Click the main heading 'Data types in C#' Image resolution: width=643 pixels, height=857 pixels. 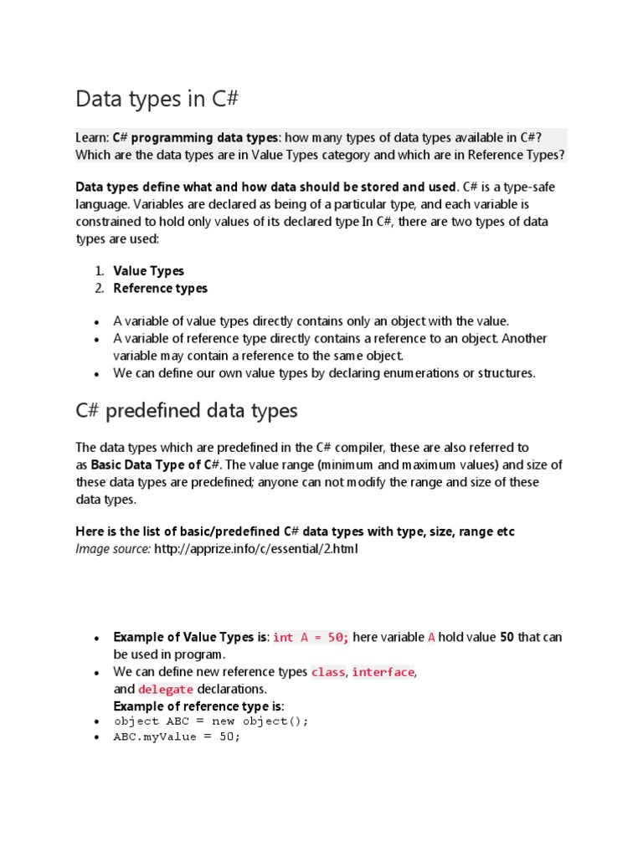pyautogui.click(x=157, y=99)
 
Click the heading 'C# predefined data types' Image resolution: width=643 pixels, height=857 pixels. pyautogui.click(x=186, y=411)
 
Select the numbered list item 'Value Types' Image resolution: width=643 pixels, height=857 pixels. pyautogui.click(x=148, y=270)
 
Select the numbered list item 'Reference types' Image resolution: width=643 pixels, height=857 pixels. pyautogui.click(x=160, y=288)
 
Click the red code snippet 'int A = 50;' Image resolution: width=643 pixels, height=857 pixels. pyautogui.click(x=311, y=638)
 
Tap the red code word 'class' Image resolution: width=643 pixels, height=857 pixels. pyautogui.click(x=327, y=672)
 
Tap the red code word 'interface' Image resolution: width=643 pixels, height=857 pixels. pyautogui.click(x=383, y=672)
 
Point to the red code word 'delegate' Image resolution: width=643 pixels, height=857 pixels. pyautogui.click(x=166, y=689)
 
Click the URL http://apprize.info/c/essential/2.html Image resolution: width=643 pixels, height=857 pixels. pyautogui.click(x=255, y=549)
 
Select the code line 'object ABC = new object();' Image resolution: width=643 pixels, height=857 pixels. pyautogui.click(x=211, y=721)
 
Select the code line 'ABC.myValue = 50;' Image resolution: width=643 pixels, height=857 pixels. pyautogui.click(x=177, y=737)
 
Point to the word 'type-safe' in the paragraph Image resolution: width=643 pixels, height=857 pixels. pyautogui.click(x=526, y=187)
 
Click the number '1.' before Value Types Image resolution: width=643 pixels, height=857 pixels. pyautogui.click(x=99, y=270)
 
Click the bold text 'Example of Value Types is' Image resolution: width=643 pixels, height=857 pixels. pyautogui.click(x=190, y=637)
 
